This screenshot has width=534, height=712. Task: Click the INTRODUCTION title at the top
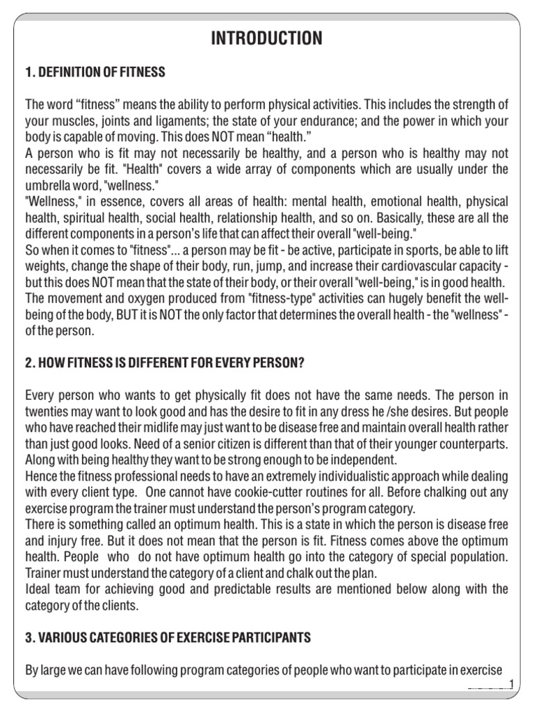point(266,40)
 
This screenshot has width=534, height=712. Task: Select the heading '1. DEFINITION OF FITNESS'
point(95,72)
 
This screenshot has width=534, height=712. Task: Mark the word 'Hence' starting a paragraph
point(41,476)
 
